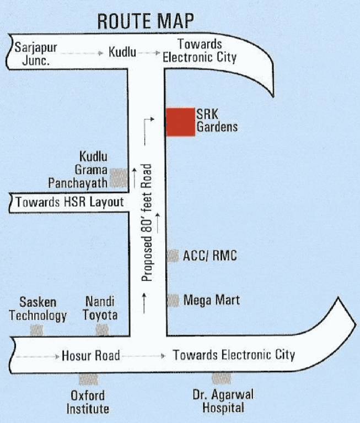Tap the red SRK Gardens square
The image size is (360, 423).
coord(180,122)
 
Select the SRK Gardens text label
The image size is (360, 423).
coord(217,121)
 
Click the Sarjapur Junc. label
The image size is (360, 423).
coord(36,53)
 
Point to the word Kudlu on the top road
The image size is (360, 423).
coord(122,53)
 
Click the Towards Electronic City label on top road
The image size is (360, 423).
coord(200,51)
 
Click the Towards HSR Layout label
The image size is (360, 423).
coord(69,202)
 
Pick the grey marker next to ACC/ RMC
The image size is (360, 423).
coord(173,256)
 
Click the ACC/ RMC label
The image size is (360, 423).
coord(210,256)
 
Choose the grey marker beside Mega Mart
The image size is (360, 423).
coord(173,300)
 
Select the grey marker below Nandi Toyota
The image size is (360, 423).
coord(102,329)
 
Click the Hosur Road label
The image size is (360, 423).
coord(91,355)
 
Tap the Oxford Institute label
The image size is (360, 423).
coord(88,402)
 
